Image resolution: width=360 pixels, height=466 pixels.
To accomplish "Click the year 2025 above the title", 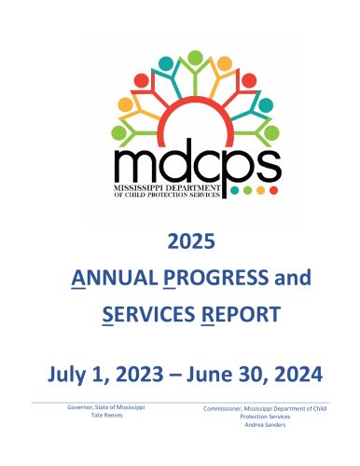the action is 191,241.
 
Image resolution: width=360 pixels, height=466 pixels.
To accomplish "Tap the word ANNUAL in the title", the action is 115,278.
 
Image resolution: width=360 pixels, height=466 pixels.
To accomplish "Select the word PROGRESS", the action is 215,278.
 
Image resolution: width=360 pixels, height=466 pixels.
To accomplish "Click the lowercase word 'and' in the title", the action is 293,278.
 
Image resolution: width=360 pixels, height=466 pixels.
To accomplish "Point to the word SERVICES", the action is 149,314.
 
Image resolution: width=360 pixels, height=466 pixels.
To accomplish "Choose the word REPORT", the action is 241,314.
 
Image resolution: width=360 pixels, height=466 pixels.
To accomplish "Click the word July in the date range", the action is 66,375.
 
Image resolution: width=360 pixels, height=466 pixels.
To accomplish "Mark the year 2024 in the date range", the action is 298,374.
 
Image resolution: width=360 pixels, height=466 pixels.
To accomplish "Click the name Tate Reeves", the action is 106,415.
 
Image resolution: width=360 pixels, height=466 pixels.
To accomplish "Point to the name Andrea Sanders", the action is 265,424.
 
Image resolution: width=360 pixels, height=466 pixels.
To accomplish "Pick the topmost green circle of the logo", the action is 195,58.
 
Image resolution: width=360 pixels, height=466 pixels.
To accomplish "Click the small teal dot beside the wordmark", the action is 235,190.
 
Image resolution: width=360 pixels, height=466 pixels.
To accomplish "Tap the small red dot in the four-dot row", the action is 273,190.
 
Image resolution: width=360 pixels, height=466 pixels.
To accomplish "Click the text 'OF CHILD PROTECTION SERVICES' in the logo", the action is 167,195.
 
